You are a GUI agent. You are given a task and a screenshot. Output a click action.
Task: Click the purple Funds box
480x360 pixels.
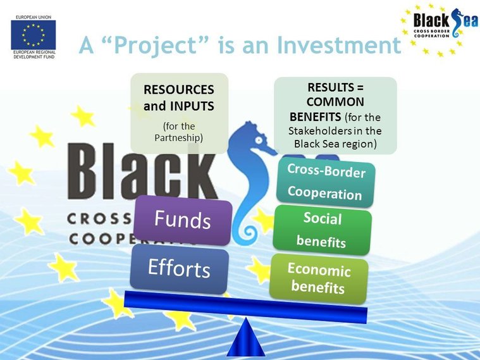pyautogui.click(x=183, y=220)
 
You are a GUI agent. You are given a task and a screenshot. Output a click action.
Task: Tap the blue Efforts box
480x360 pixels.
pyautogui.click(x=180, y=269)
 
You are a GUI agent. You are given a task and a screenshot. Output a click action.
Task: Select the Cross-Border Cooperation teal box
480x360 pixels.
pyautogui.click(x=326, y=182)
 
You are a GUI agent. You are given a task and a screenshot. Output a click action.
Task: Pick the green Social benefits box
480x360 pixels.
pyautogui.click(x=323, y=230)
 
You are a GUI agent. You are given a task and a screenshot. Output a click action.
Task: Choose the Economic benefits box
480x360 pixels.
pyautogui.click(x=319, y=278)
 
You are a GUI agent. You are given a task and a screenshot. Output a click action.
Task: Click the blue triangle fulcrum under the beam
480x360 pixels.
pyautogui.click(x=246, y=337)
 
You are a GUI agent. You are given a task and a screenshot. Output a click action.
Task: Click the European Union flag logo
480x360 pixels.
pyautogui.click(x=34, y=35)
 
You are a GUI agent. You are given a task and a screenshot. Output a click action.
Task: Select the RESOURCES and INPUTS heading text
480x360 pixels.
pyautogui.click(x=179, y=97)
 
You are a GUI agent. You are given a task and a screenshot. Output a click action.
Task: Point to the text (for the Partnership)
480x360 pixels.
pyautogui.click(x=179, y=132)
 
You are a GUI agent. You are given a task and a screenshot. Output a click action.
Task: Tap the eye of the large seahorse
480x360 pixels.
pyautogui.click(x=259, y=140)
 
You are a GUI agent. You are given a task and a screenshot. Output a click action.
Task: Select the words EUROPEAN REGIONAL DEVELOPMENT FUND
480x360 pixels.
pyautogui.click(x=34, y=54)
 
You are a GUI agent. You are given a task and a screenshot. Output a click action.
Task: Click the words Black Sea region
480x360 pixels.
pyautogui.click(x=335, y=144)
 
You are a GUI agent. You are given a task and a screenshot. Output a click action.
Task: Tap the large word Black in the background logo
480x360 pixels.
pyautogui.click(x=142, y=173)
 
